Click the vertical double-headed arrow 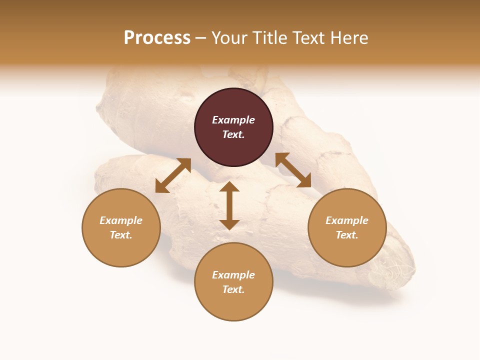click(x=229, y=206)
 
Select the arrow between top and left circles click(x=173, y=175)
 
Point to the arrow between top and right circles click(x=293, y=170)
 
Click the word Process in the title click(x=157, y=38)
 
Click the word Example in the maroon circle click(x=233, y=120)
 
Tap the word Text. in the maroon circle click(x=233, y=134)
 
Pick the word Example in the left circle click(x=121, y=220)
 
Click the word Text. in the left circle click(x=121, y=235)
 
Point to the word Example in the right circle click(x=347, y=220)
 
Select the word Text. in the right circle click(x=347, y=235)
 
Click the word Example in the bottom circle click(x=233, y=275)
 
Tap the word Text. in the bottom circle click(x=233, y=289)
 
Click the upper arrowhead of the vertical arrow click(x=229, y=187)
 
